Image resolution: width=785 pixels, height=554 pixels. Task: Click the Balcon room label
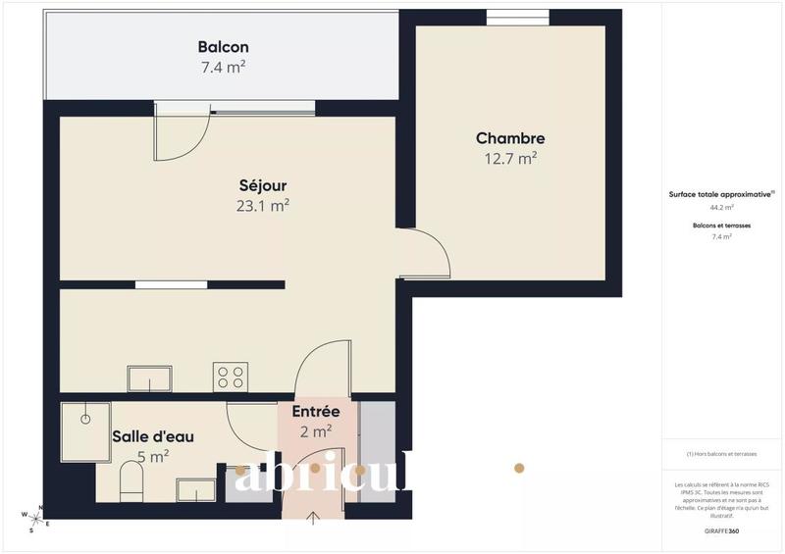pyautogui.click(x=223, y=47)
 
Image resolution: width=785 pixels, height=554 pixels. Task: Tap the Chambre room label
pyautogui.click(x=510, y=139)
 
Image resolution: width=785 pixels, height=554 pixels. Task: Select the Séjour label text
pyautogui.click(x=263, y=185)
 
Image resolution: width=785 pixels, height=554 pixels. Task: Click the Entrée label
pyautogui.click(x=316, y=412)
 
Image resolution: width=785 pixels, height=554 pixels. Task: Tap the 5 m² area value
pyautogui.click(x=153, y=456)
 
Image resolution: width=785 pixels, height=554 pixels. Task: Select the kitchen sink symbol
pyautogui.click(x=149, y=378)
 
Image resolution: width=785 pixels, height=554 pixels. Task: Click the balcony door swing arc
pyautogui.click(x=177, y=137)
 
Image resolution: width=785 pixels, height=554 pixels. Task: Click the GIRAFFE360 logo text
pyautogui.click(x=722, y=530)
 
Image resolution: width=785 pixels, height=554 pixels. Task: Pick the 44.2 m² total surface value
pyautogui.click(x=722, y=208)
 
